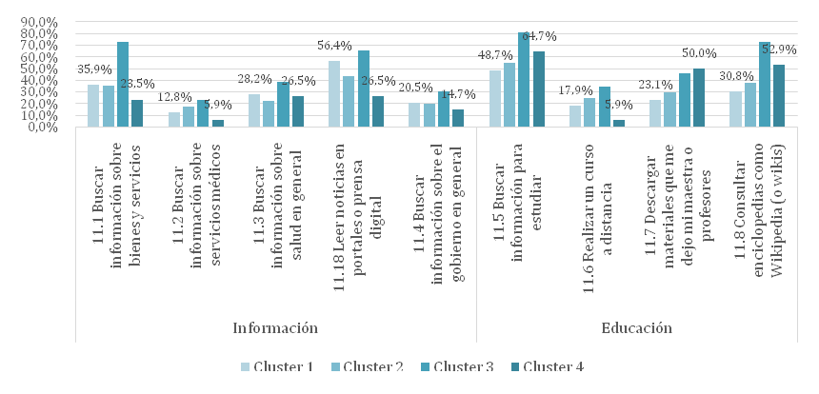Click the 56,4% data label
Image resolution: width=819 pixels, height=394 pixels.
[334, 45]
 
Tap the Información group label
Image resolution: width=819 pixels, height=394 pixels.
[275, 328]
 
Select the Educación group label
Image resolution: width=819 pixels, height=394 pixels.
[637, 328]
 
